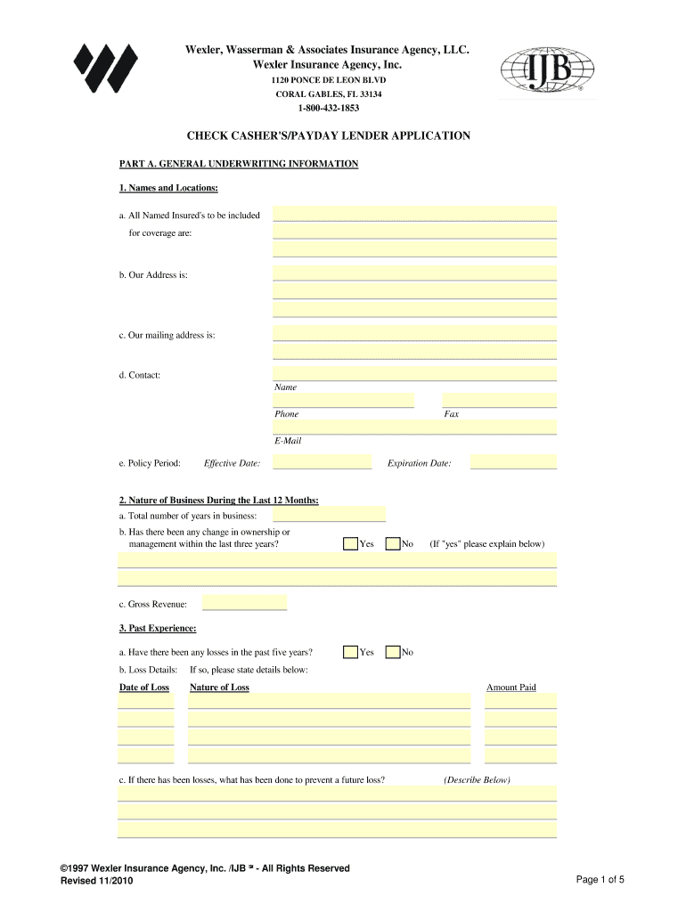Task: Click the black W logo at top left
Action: (105, 68)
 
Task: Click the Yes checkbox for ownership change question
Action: (351, 543)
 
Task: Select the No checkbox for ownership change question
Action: (392, 543)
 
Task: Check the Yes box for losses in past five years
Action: (351, 652)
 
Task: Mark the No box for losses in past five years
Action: (392, 652)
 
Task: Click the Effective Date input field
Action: (322, 463)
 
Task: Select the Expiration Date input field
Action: (513, 463)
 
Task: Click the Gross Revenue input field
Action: (244, 604)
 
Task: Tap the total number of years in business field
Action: (329, 515)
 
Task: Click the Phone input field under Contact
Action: (344, 400)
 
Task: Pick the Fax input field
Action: (499, 400)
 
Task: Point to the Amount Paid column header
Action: (510, 688)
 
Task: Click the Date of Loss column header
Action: (144, 688)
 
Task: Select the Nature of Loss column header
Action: (220, 688)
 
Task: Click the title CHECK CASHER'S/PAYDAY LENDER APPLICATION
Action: (328, 136)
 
